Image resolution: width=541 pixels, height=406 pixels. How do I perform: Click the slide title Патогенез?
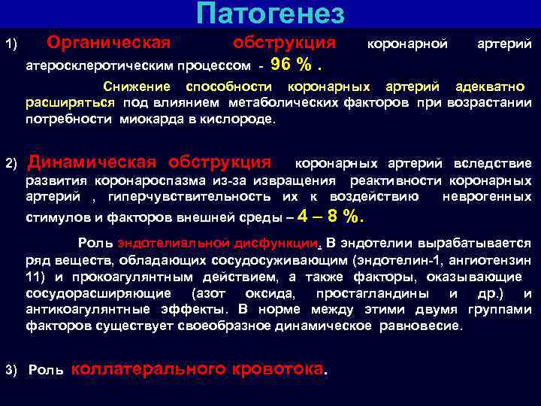point(270,14)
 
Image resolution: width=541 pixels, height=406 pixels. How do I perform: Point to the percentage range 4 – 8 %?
point(331,217)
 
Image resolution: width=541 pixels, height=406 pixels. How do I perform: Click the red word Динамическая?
point(92,162)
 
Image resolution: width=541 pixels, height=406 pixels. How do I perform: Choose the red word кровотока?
point(280,369)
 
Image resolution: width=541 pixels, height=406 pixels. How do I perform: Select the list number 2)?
point(11,164)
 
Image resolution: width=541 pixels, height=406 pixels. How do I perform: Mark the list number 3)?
point(11,371)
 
